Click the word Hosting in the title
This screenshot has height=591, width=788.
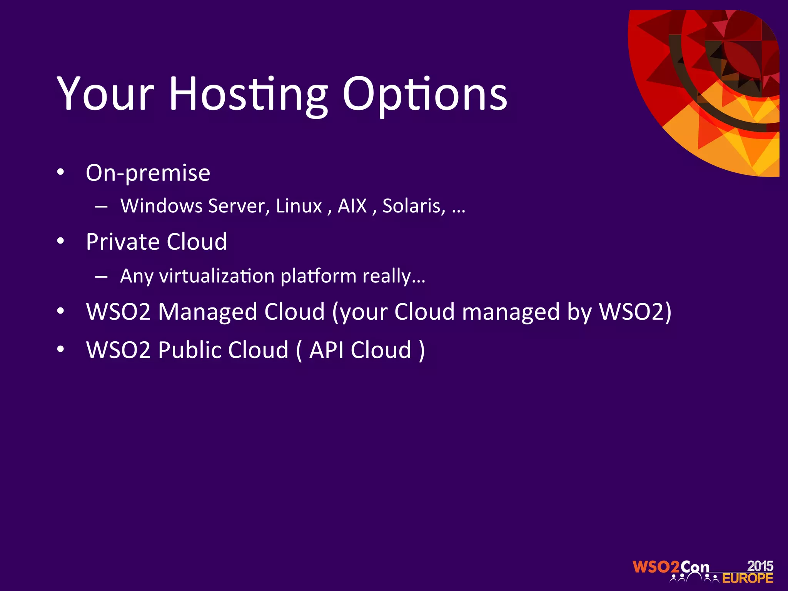click(248, 94)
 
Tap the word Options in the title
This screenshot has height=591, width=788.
click(425, 94)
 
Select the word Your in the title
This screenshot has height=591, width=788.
click(105, 94)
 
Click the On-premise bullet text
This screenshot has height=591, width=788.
click(148, 173)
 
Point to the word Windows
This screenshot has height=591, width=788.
click(161, 206)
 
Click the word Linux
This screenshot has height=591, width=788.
click(299, 206)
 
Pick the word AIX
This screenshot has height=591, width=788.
click(352, 206)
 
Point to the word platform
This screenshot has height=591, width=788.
click(319, 276)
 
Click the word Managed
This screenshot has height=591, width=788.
click(207, 311)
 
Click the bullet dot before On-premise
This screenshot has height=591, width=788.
click(60, 172)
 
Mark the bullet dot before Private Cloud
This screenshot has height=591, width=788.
click(60, 241)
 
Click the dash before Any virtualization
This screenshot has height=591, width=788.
click(101, 276)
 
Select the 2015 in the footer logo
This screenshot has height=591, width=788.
click(760, 566)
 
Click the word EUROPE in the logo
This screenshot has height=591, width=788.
click(748, 578)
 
